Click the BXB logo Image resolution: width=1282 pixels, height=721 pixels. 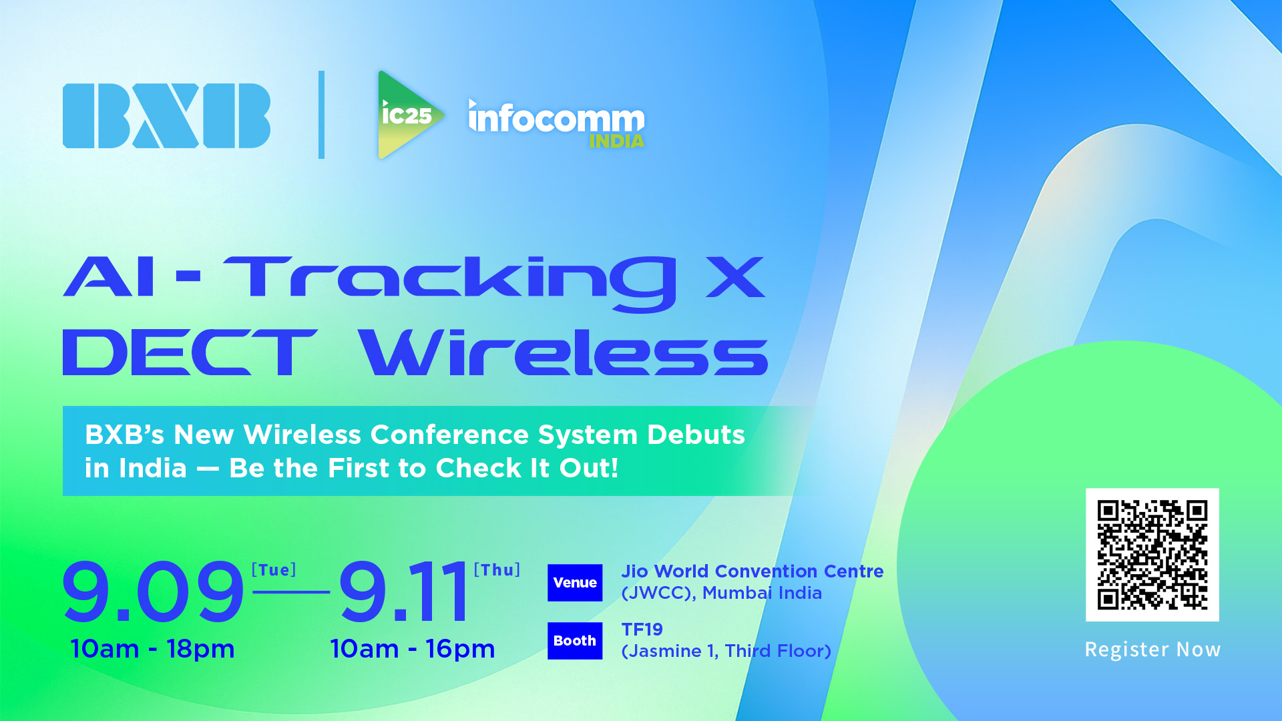(x=166, y=115)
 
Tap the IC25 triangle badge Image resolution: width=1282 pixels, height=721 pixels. (x=407, y=115)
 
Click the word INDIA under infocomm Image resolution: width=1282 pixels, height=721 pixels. (x=616, y=142)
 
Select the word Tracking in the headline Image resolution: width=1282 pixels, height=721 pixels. (x=449, y=283)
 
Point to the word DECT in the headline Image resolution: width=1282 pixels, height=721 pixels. (x=190, y=352)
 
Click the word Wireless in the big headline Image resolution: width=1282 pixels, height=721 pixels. (x=563, y=352)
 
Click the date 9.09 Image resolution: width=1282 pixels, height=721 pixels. (x=153, y=591)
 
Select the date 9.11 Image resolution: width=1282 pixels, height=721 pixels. (x=403, y=591)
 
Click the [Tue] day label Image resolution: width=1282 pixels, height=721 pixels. (x=274, y=570)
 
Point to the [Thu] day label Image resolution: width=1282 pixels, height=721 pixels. (x=497, y=570)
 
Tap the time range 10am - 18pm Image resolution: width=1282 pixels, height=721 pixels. (x=152, y=649)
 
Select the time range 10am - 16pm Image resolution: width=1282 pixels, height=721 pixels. (x=413, y=649)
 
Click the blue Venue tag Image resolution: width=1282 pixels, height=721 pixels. (x=575, y=583)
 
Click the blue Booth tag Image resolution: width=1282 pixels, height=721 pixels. (x=575, y=641)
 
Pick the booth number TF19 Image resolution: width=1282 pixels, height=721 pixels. (x=642, y=630)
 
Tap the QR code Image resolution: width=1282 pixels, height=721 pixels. (x=1152, y=555)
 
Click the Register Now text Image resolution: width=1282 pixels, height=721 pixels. (x=1152, y=650)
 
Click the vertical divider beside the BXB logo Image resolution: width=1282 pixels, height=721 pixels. (x=322, y=115)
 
